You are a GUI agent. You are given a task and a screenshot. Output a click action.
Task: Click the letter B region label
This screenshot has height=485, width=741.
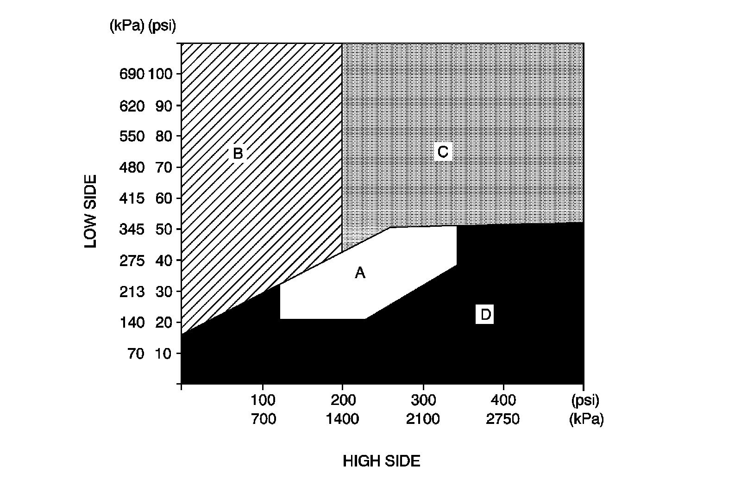point(238,153)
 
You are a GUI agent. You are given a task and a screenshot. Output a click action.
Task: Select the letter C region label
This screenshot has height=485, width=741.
point(442,152)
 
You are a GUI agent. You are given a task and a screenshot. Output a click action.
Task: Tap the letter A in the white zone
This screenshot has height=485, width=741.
point(360,274)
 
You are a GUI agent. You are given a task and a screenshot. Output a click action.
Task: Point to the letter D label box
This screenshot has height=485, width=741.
point(485,315)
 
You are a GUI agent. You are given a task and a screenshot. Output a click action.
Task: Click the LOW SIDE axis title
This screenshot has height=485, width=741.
point(91,211)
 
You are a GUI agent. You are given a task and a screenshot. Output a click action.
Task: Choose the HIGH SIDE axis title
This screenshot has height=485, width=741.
point(381,461)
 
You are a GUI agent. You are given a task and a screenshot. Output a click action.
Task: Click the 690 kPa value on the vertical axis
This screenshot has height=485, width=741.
point(132,74)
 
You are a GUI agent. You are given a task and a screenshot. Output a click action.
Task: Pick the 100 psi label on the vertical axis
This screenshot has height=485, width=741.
point(160,74)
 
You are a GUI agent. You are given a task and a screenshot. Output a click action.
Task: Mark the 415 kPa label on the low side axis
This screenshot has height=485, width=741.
point(132,199)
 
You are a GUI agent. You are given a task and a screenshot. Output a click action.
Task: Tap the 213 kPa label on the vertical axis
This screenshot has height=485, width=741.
point(132,292)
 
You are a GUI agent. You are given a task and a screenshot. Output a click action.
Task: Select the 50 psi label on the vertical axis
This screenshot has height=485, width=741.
point(164,230)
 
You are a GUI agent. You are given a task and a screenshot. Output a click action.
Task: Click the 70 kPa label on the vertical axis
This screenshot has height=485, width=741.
point(136,354)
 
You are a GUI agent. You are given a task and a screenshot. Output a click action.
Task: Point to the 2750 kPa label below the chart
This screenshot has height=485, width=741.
point(503,420)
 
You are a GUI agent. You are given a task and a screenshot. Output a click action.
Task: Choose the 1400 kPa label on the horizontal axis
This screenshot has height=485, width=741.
point(342,420)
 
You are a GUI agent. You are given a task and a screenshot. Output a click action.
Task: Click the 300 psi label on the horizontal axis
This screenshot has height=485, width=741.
point(423,399)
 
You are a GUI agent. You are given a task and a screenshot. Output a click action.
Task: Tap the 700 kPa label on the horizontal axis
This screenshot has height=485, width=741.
point(263,420)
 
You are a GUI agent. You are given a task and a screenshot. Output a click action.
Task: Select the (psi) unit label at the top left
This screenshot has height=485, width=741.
point(162,26)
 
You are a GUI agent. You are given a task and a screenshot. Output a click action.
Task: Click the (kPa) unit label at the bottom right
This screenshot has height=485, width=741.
point(586,420)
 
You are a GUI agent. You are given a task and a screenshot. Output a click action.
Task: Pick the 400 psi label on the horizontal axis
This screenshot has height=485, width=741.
point(503,399)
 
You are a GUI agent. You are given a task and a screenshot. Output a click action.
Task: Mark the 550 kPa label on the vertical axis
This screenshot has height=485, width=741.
point(132,137)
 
